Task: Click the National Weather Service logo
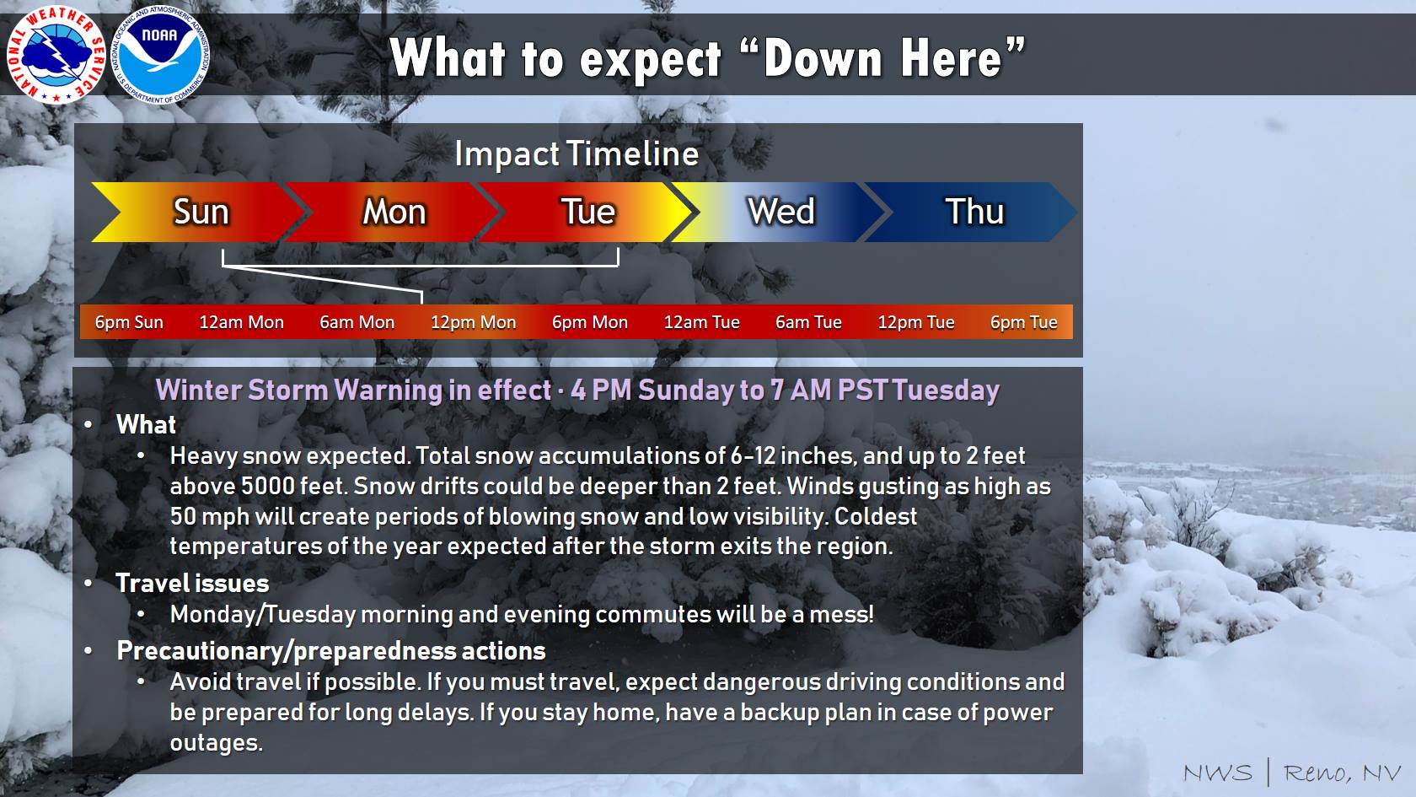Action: (56, 55)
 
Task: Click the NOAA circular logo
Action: (159, 55)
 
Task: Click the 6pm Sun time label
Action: (129, 322)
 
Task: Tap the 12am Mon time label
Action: (241, 322)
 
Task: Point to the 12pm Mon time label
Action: (474, 322)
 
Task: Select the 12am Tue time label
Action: (701, 322)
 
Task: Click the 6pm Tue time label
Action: (1023, 322)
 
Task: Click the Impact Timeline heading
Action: (577, 153)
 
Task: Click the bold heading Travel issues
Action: (192, 584)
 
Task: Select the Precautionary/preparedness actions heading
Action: (330, 651)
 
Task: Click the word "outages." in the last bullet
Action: (216, 742)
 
